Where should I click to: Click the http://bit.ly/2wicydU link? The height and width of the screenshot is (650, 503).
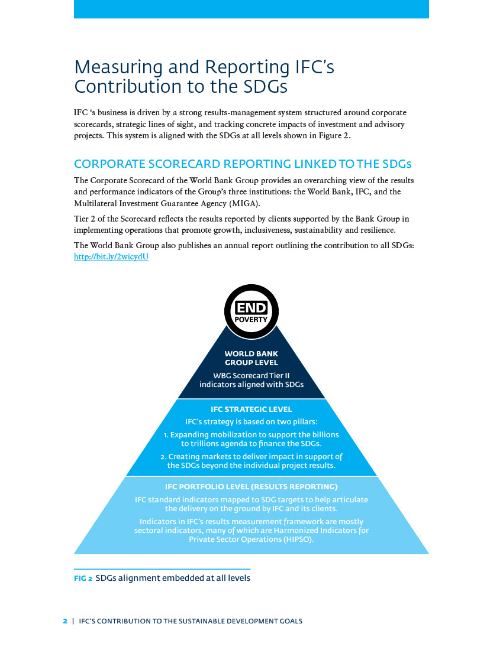(111, 256)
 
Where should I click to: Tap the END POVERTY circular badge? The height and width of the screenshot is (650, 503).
(251, 311)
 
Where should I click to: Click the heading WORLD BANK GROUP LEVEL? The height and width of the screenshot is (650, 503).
(251, 358)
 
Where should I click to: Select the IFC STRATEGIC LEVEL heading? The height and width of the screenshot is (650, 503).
(251, 409)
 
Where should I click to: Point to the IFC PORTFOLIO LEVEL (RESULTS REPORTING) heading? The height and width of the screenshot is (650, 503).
(251, 487)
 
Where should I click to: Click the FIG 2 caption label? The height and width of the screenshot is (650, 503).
(83, 578)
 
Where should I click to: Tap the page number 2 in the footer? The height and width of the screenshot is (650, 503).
(65, 621)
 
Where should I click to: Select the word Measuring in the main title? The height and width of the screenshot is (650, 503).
(118, 67)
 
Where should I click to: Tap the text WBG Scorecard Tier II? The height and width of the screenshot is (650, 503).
(251, 376)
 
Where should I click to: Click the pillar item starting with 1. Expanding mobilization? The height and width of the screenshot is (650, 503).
(251, 439)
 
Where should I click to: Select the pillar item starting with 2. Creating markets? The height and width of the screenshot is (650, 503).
(251, 461)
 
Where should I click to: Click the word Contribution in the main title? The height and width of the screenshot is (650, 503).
(128, 87)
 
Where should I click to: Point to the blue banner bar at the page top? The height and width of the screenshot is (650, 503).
(251, 9)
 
